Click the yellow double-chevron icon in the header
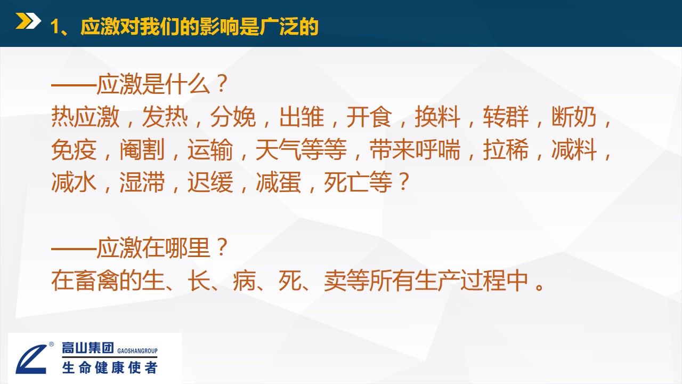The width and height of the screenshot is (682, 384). [28, 21]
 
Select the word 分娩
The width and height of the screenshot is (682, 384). [233, 116]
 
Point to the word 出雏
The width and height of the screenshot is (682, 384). [302, 116]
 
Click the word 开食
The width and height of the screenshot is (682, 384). [369, 116]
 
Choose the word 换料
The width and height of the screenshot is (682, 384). [437, 116]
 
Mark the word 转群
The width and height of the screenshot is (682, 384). [506, 116]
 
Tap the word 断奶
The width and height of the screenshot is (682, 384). [574, 116]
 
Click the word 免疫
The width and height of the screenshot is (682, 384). [74, 149]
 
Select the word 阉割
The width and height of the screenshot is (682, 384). [142, 149]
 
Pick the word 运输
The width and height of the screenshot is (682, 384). [210, 149]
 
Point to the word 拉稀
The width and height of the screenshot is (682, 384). [506, 149]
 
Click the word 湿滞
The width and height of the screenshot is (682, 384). [142, 182]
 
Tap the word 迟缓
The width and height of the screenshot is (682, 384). [210, 182]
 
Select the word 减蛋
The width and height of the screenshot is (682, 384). [279, 182]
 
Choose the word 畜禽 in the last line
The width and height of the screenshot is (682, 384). [97, 281]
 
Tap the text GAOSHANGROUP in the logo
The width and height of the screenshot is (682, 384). [137, 351]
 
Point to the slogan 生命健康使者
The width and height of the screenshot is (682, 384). [110, 367]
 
